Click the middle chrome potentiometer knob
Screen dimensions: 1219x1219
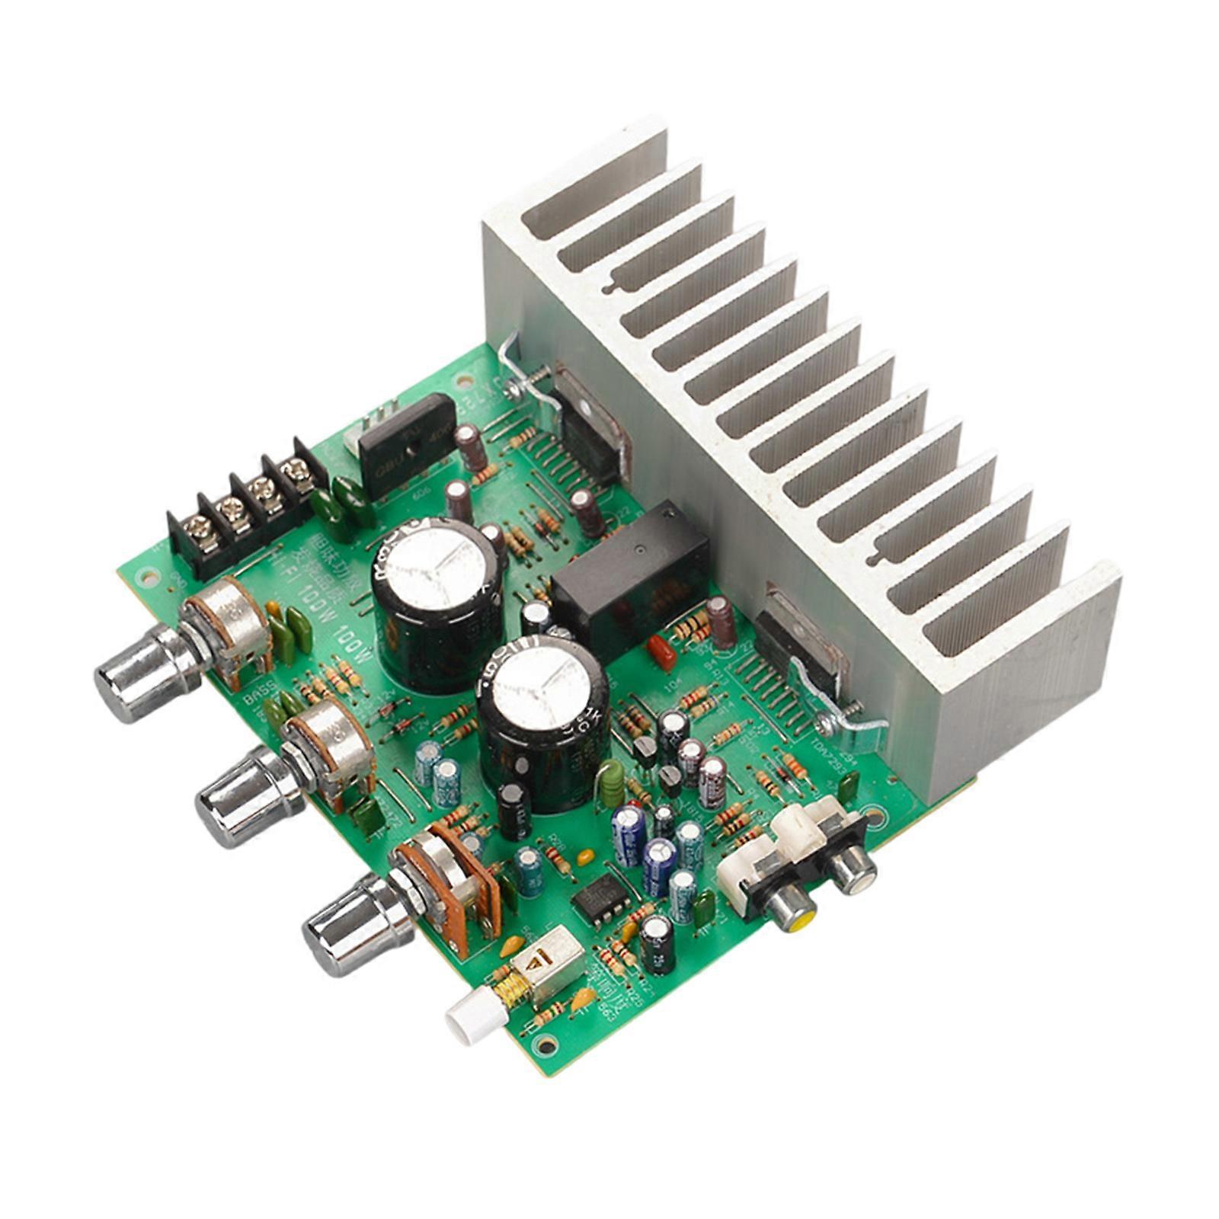[240, 795]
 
